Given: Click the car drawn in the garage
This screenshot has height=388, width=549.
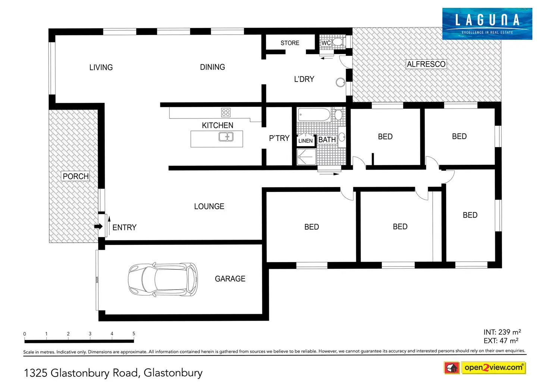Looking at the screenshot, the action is click(x=163, y=280).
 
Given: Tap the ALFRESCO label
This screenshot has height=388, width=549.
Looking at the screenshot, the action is click(x=426, y=64).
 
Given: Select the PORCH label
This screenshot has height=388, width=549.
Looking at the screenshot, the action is click(x=76, y=176).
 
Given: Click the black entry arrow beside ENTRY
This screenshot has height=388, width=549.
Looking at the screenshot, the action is click(x=98, y=226).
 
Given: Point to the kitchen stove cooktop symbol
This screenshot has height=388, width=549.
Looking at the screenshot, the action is click(x=226, y=112).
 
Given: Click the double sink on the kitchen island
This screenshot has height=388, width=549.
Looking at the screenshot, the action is click(x=226, y=137).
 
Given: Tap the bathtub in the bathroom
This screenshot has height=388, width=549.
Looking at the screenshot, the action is click(x=314, y=115).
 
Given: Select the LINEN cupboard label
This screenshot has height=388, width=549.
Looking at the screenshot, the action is click(x=305, y=141).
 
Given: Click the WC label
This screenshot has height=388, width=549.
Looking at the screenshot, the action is click(x=326, y=43).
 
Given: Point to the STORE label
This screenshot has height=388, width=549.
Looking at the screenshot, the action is click(x=290, y=43).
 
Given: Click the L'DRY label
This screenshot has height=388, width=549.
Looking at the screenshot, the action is click(x=304, y=79).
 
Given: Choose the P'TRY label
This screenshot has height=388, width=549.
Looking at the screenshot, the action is click(x=279, y=138).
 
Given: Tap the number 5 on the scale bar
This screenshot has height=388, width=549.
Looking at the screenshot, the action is click(x=134, y=334).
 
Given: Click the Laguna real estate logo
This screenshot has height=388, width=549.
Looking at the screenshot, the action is click(x=487, y=23).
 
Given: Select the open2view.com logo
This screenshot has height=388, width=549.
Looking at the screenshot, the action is click(x=493, y=368).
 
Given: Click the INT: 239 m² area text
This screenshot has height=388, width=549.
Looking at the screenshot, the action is click(x=502, y=332).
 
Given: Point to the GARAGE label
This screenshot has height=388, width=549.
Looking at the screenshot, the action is click(x=230, y=279).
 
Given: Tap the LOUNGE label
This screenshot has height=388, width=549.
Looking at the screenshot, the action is click(x=209, y=206).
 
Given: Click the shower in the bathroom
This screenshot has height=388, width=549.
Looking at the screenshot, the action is click(x=306, y=157).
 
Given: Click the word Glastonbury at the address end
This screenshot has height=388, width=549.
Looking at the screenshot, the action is click(x=173, y=373).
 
